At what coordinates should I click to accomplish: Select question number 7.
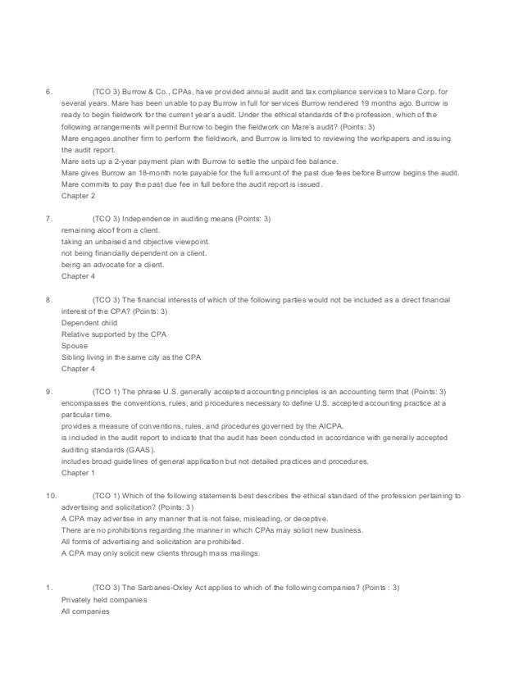[x=48, y=220]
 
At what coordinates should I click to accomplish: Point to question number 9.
[x=48, y=393]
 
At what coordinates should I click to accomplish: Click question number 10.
[x=50, y=497]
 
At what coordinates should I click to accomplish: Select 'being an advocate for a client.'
[x=112, y=266]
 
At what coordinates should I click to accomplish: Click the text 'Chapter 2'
[x=79, y=198]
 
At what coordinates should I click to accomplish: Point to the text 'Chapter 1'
[x=79, y=473]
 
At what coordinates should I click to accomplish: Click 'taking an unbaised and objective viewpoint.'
[x=135, y=243]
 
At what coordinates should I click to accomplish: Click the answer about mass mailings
[x=160, y=554]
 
